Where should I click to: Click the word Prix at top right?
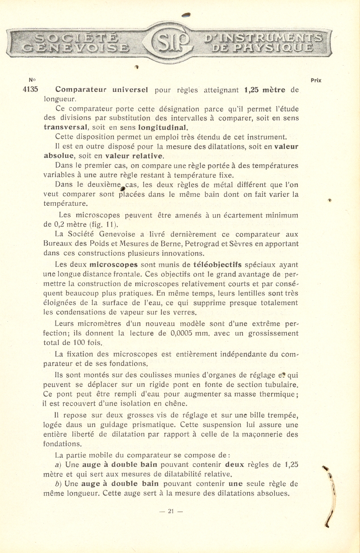(x=316, y=81)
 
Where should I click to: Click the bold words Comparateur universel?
(x=101, y=89)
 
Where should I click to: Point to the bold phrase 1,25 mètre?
(x=265, y=89)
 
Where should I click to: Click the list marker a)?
(x=58, y=465)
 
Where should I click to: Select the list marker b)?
(x=58, y=484)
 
